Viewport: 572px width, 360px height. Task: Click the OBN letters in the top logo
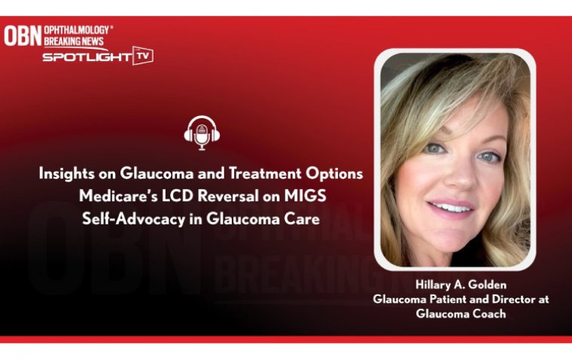point(23,35)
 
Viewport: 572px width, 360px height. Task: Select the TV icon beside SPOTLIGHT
point(142,55)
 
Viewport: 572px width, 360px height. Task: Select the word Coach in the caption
point(486,313)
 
